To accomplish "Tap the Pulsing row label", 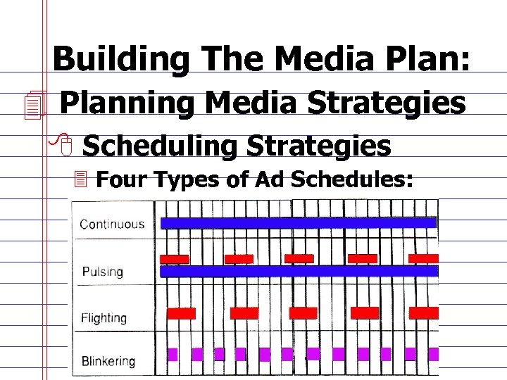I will point(102,272).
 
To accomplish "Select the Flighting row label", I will point(104,318).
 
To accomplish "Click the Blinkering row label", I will point(108,362).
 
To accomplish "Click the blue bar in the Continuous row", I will point(299,223).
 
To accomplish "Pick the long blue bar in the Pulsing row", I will point(299,271).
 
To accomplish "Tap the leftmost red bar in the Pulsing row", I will point(175,258).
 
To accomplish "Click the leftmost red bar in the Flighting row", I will point(181,313).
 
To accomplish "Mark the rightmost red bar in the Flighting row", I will point(423,312).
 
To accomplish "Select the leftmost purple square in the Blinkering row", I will point(171,353).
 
